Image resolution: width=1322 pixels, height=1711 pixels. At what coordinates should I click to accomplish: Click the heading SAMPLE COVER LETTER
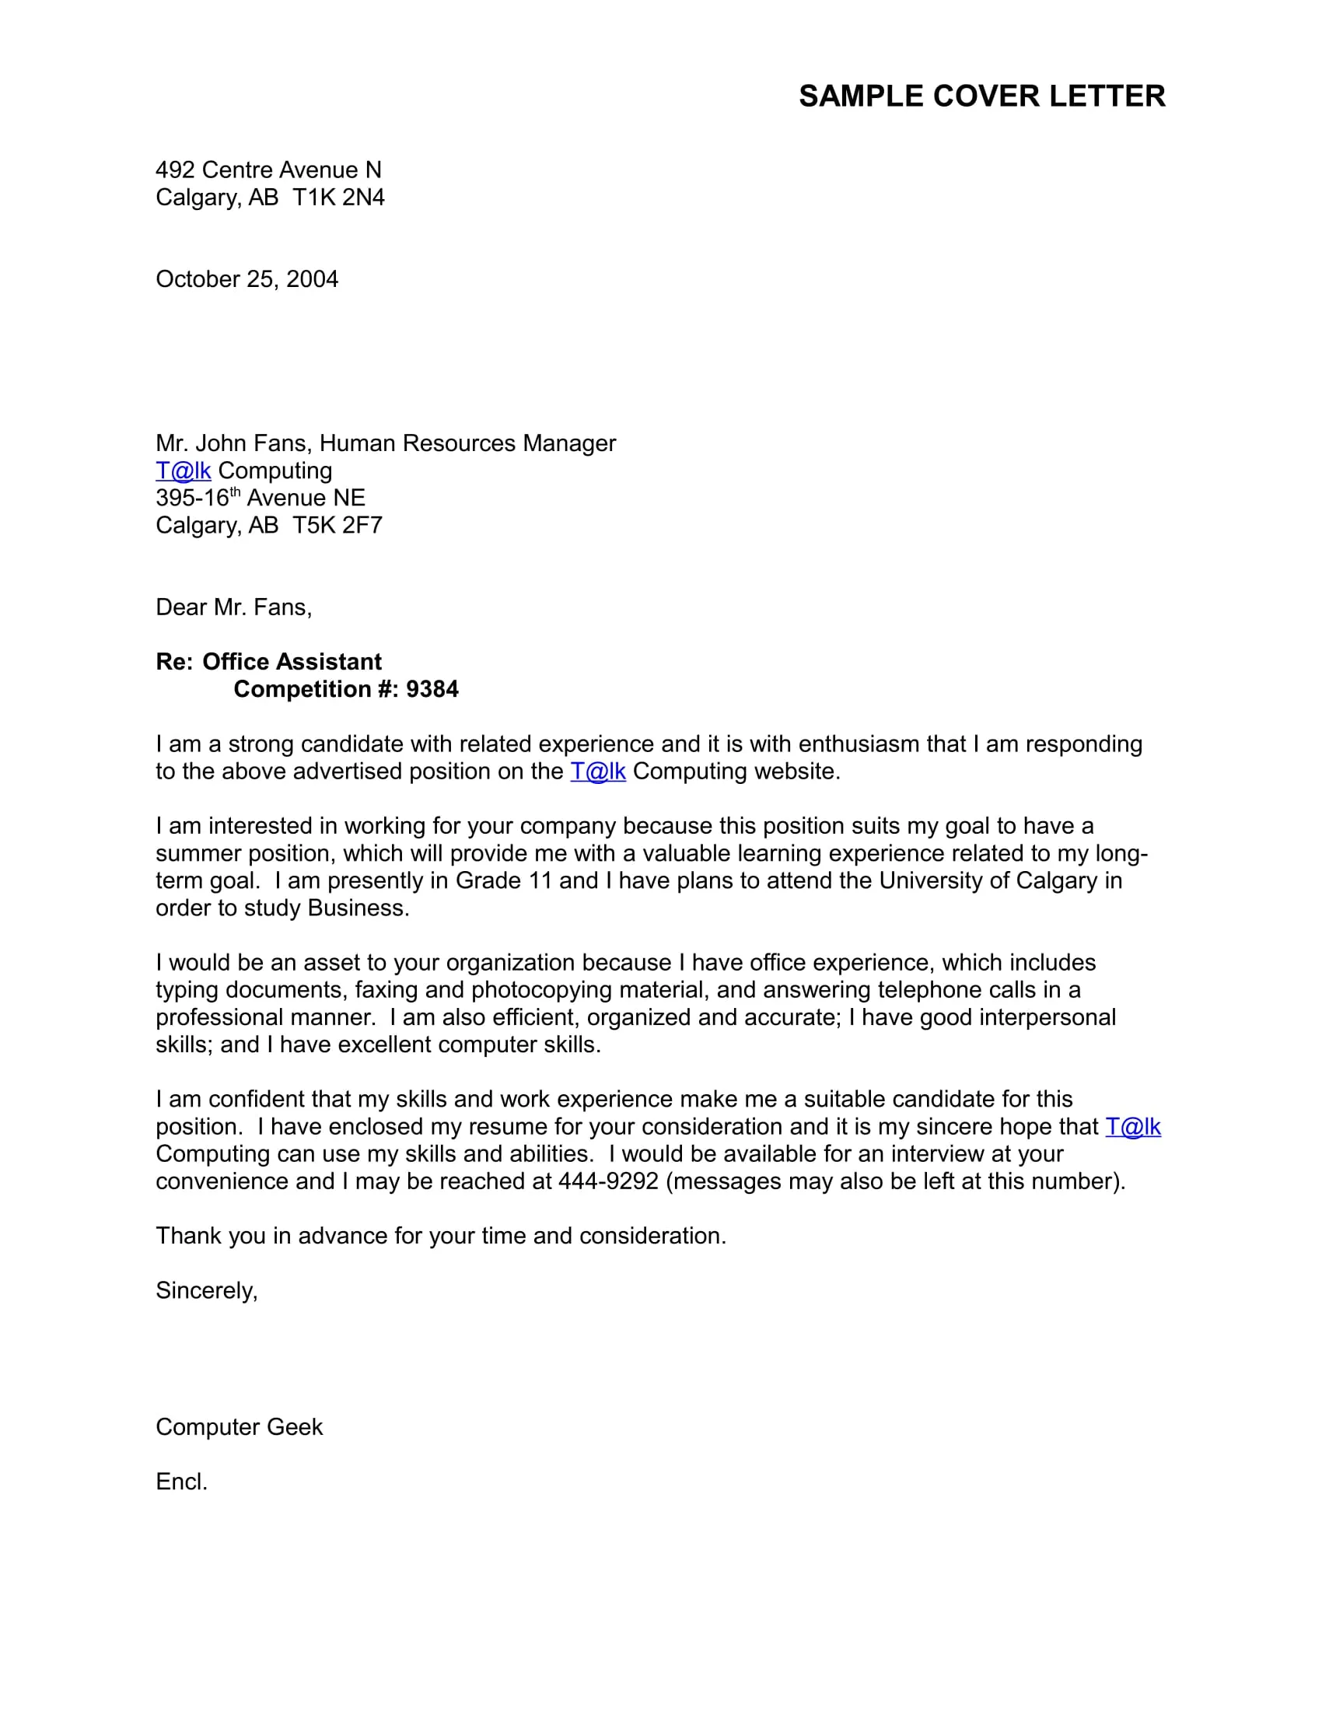pos(981,96)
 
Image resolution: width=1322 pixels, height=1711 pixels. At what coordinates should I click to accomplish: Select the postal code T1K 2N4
pos(338,198)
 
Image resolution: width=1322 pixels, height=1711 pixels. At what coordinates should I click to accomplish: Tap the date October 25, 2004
pos(247,280)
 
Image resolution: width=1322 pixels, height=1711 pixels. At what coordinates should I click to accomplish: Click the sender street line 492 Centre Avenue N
pos(268,170)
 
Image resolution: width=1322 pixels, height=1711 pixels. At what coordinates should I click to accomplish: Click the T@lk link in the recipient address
pos(184,471)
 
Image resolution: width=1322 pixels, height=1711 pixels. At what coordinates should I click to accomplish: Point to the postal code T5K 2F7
pos(337,526)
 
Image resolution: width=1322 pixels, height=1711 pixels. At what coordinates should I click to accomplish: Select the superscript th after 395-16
pos(235,492)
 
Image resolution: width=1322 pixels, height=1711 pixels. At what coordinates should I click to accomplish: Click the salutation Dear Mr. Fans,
pos(233,607)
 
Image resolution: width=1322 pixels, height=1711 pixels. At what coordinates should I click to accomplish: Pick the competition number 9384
pos(432,689)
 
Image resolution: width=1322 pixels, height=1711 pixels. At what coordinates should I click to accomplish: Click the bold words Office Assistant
pos(292,662)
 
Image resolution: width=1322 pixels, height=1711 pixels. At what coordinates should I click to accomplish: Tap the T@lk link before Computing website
pos(597,772)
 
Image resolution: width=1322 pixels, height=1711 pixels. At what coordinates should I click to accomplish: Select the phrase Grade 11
pos(504,880)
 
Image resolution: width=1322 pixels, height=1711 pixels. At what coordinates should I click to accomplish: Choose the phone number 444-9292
pos(608,1181)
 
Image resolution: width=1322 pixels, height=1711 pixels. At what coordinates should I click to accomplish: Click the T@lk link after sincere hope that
pos(1132,1127)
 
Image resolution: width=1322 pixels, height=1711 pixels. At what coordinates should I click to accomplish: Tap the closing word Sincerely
pos(206,1290)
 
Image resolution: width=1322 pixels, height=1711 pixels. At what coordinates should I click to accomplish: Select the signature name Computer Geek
pos(239,1426)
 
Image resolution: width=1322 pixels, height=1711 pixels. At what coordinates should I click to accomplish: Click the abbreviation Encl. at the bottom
pos(182,1482)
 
